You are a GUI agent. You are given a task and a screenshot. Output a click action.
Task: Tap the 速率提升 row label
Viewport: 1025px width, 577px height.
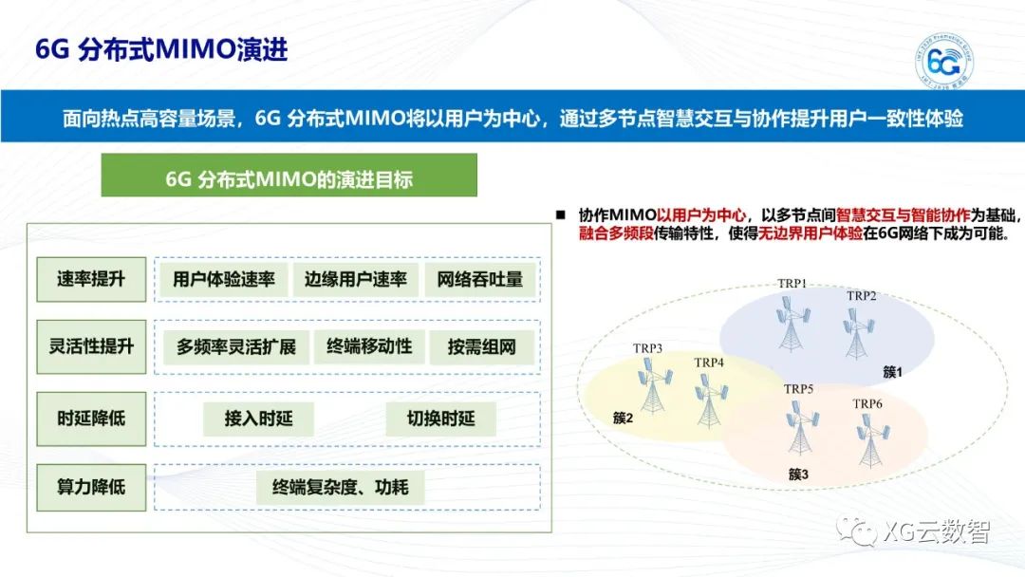pos(91,279)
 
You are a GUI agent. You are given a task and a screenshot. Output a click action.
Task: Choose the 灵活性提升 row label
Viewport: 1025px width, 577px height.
pos(91,346)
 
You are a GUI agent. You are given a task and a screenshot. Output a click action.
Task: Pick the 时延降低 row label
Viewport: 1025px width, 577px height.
pos(91,419)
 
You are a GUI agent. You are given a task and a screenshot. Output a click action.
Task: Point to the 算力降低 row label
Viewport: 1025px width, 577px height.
pos(91,487)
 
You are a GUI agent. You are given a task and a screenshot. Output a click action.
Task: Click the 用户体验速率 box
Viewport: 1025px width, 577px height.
pos(224,279)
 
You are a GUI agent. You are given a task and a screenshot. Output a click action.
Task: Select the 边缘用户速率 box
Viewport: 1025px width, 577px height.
pos(355,279)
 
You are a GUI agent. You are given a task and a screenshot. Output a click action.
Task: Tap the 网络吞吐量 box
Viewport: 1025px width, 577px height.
pos(480,279)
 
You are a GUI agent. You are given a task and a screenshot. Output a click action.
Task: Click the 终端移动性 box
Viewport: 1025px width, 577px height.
pos(369,346)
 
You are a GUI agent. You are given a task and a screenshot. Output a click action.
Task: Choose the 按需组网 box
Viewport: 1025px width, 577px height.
pos(482,347)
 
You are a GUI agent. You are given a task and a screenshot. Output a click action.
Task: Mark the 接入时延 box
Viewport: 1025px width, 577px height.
pos(258,419)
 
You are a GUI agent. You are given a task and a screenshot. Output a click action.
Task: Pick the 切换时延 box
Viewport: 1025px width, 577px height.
pos(440,419)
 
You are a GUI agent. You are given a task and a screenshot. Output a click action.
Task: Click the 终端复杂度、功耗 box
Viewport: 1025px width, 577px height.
pos(341,488)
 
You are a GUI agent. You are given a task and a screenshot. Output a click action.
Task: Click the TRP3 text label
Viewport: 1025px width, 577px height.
pos(648,347)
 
